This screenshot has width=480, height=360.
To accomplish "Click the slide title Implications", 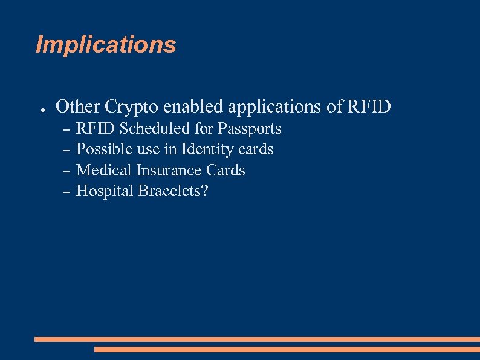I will coord(106,45).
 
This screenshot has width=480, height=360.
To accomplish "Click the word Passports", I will coord(249,129).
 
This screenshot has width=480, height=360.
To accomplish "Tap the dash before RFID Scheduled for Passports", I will coord(66,129).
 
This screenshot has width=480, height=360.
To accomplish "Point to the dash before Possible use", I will coord(66,150).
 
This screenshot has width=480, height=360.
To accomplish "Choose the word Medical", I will coord(104,170).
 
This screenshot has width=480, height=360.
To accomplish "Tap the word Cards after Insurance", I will coord(227,170).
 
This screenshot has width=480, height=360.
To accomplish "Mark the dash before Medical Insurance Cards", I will coord(66,171).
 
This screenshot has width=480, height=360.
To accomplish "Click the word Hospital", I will coord(105,191).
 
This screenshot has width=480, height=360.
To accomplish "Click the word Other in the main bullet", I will coord(78,106).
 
